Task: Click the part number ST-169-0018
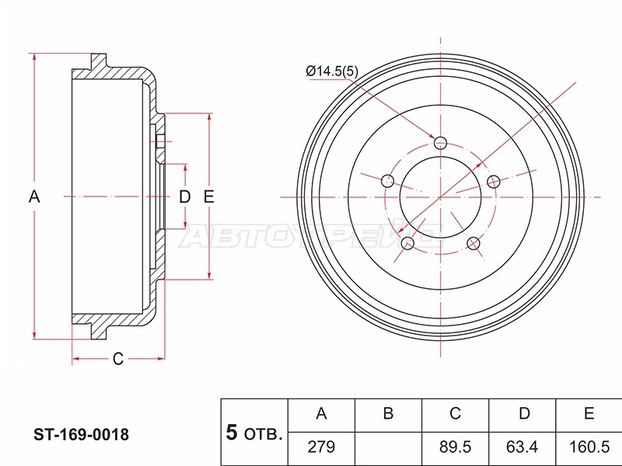coord(82,435)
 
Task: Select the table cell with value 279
coord(321,447)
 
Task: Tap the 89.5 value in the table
coord(455,447)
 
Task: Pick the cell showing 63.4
coord(522,447)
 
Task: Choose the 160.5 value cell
coord(589,447)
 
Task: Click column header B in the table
coord(388,413)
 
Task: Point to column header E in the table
coord(589,413)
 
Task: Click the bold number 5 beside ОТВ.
coord(231,433)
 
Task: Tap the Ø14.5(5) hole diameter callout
coord(332,71)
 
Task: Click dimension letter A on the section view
coord(34,196)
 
